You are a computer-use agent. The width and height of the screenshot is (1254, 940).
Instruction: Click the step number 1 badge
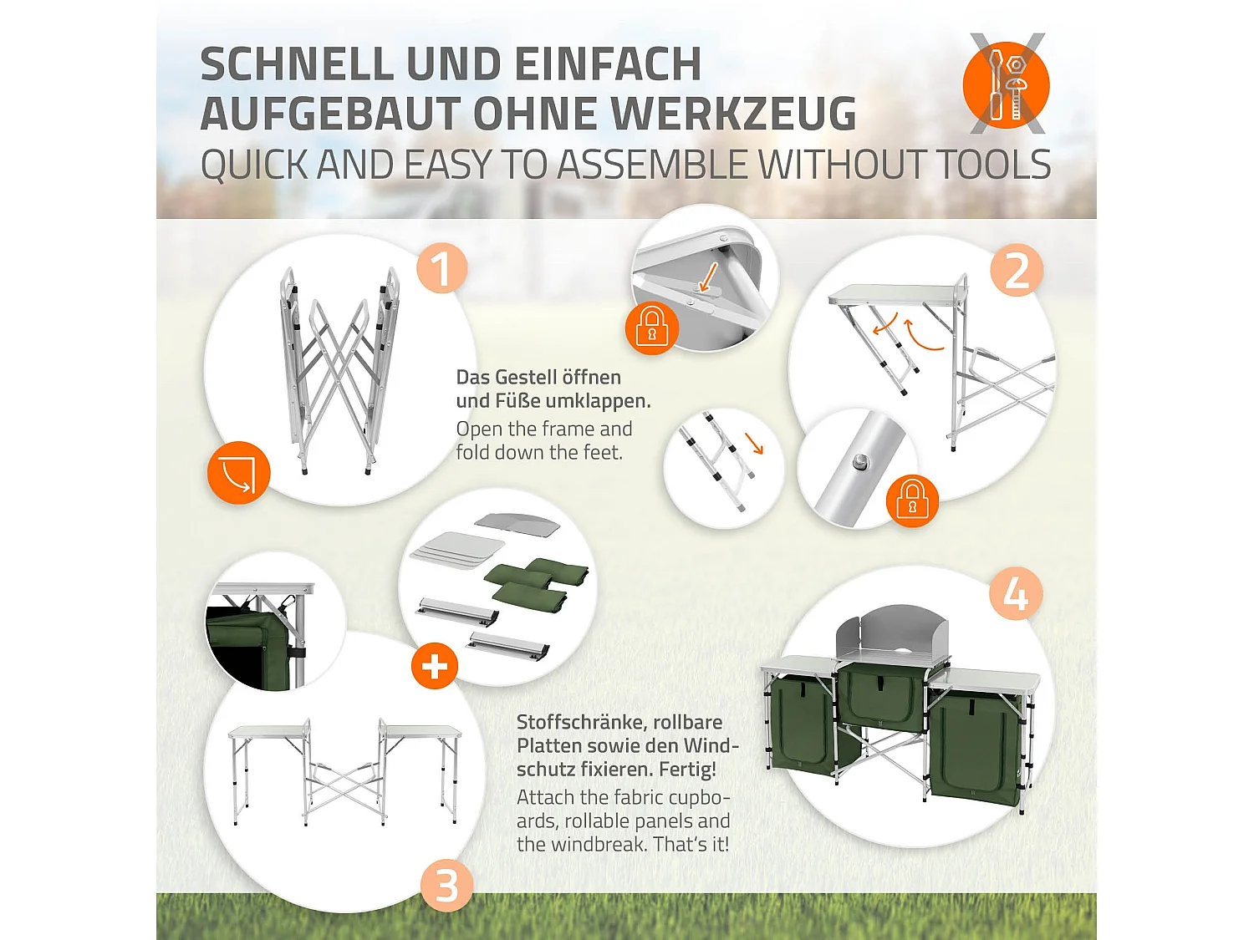tap(441, 268)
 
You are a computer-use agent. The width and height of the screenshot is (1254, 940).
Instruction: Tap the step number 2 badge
tap(1017, 271)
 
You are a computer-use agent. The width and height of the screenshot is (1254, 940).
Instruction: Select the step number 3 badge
tap(446, 886)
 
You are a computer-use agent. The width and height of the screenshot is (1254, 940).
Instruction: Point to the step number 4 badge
tap(1015, 594)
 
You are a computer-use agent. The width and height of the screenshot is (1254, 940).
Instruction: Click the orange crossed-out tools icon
tap(1007, 84)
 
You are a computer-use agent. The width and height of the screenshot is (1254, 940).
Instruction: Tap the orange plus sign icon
tap(435, 666)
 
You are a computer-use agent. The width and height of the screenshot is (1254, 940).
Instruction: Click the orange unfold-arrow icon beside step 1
tap(238, 473)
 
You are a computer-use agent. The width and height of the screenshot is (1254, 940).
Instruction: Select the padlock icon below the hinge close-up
tap(651, 328)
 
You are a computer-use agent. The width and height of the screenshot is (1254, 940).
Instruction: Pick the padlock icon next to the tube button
tap(912, 500)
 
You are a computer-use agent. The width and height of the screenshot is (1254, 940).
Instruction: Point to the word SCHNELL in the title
tap(296, 65)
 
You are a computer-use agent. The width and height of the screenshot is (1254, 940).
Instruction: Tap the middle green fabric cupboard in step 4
tap(881, 699)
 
